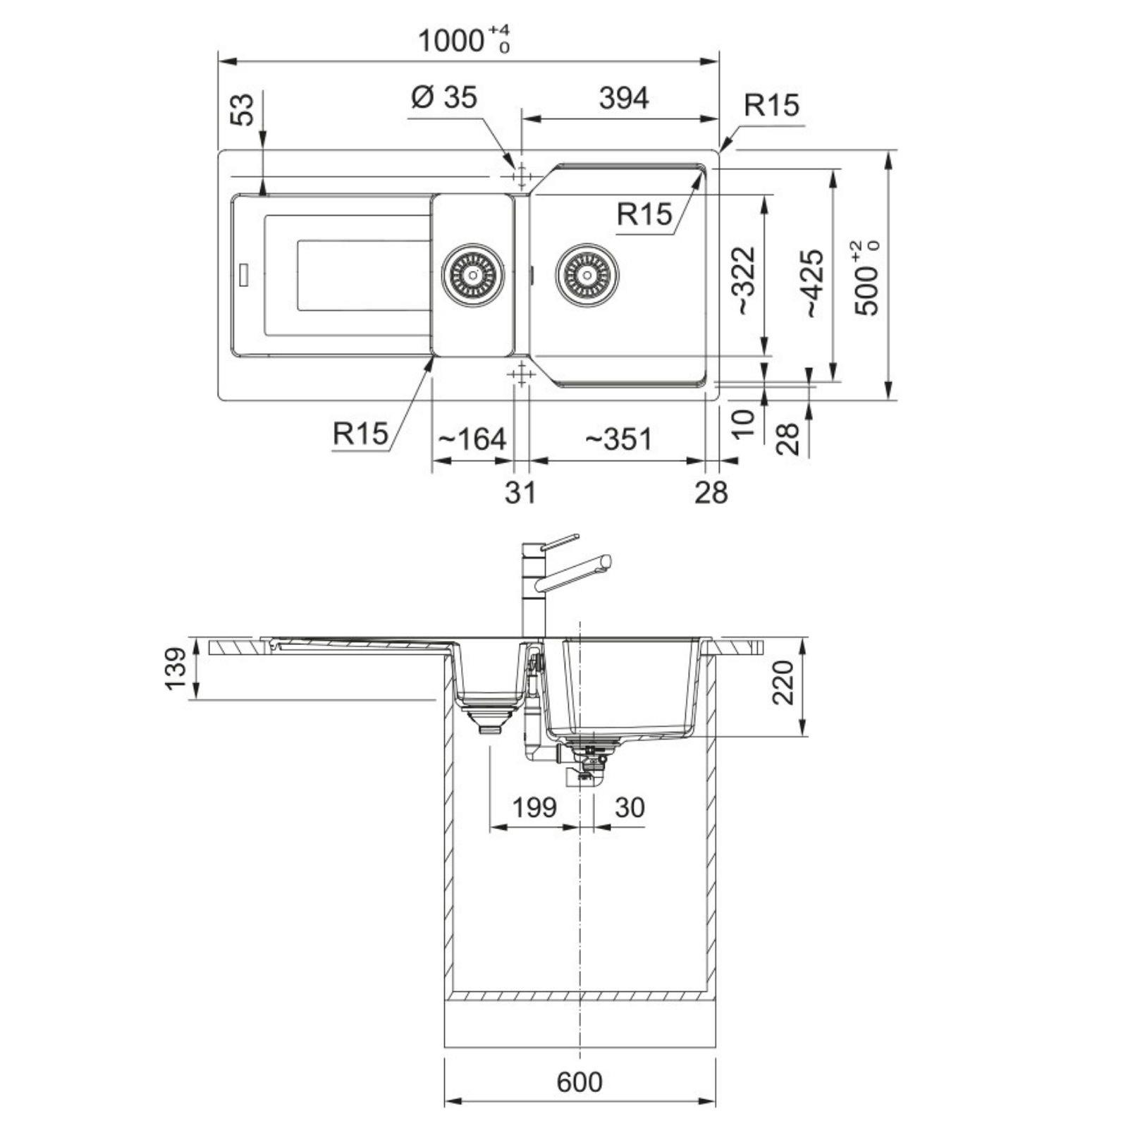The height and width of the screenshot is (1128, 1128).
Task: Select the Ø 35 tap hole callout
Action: click(x=443, y=97)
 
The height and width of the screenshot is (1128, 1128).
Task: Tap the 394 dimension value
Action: click(x=623, y=98)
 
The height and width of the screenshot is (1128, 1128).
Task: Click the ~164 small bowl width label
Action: click(x=472, y=439)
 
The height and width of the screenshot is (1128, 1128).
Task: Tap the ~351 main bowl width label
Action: click(x=618, y=439)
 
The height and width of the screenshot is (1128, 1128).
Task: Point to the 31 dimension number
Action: click(x=520, y=492)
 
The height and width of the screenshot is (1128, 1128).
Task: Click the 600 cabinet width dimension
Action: click(x=580, y=1081)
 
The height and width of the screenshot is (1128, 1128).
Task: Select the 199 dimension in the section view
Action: click(x=534, y=807)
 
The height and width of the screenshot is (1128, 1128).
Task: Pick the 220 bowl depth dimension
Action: click(x=783, y=683)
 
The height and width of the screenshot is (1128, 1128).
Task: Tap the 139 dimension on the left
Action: click(x=176, y=669)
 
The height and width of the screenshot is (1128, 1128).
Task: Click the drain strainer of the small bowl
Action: click(x=473, y=274)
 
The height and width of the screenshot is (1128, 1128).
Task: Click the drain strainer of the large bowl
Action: click(x=587, y=274)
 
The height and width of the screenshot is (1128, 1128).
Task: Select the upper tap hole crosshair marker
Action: click(x=521, y=173)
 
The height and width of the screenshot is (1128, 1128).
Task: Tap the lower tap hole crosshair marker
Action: click(x=521, y=374)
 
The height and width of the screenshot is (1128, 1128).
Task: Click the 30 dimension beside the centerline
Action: click(x=629, y=807)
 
